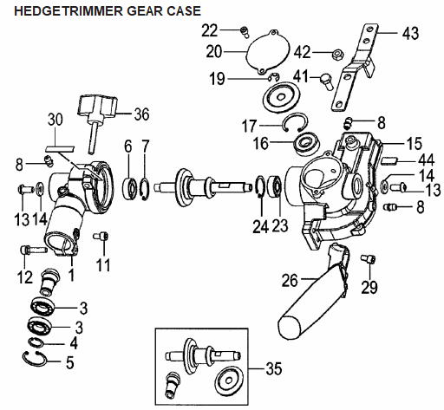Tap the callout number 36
point(141,114)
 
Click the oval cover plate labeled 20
point(267,52)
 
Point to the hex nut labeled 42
point(336,54)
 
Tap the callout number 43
point(410,33)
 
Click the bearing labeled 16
point(306,144)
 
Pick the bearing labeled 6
point(130,189)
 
